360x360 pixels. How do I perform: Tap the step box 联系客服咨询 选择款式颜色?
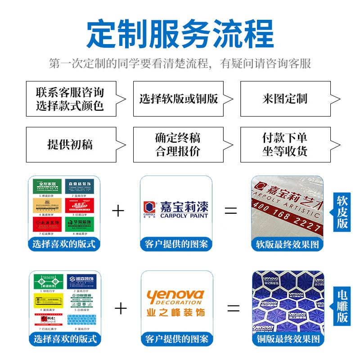pos(71,99)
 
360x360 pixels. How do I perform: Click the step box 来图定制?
pos(285,99)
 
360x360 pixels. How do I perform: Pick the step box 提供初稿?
pos(71,144)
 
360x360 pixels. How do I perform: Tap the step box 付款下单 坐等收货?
pos(285,144)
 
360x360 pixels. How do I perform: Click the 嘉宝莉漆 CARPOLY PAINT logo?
pos(176,209)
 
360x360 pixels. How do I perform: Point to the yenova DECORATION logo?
pos(176,302)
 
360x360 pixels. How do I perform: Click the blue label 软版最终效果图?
pos(287,244)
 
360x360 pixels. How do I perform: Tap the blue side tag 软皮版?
pos(342,212)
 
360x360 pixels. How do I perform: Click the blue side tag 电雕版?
pos(342,306)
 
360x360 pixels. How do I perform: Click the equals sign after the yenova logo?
pos(233,308)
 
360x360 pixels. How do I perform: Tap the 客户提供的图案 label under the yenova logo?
pos(176,339)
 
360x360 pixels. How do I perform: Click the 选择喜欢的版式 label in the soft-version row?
pos(64,244)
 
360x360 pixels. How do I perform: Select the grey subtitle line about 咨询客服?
pos(180,63)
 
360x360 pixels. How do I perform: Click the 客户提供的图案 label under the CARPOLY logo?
pos(176,244)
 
